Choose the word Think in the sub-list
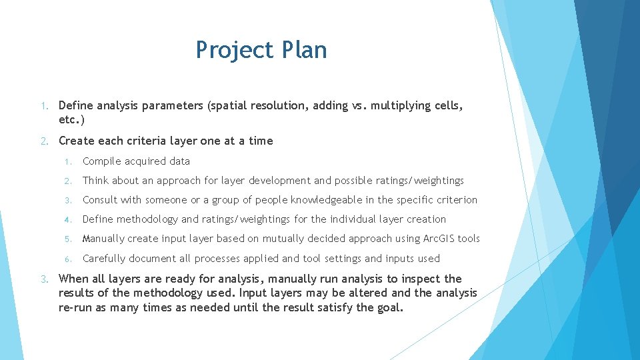pyautogui.click(x=96, y=181)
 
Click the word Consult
pyautogui.click(x=100, y=200)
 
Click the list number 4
pyautogui.click(x=67, y=219)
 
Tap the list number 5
pyautogui.click(x=67, y=239)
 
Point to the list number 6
pyautogui.click(x=67, y=259)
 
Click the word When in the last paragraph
pyautogui.click(x=73, y=279)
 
